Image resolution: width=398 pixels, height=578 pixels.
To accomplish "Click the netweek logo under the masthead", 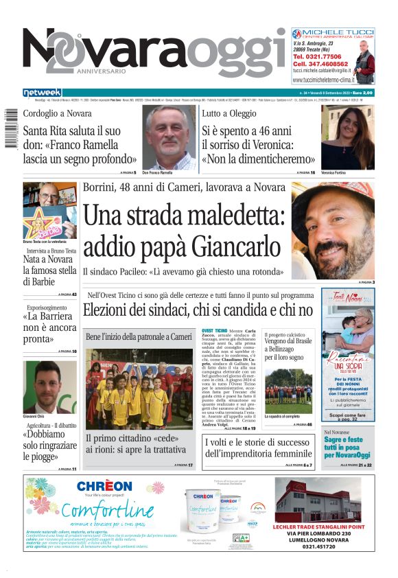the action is pos(42,93).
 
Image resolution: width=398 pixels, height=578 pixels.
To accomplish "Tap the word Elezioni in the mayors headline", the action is pos(110,310).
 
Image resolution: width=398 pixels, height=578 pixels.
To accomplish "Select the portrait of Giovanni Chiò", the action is pos(50,386).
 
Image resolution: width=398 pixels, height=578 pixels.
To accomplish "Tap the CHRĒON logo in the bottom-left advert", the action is pos(104,487).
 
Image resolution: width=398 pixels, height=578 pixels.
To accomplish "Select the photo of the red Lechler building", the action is pos(317,500).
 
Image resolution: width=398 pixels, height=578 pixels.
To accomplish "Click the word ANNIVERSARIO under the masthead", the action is pos(101,71).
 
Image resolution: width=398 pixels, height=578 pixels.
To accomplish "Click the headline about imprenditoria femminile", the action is pos(259,448).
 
